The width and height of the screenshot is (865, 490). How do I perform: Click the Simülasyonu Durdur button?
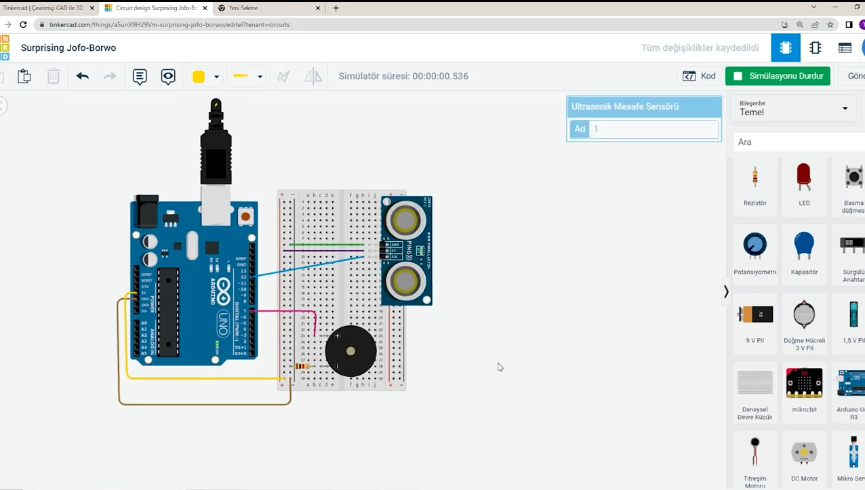tap(778, 76)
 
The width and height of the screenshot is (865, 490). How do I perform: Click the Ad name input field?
tap(653, 129)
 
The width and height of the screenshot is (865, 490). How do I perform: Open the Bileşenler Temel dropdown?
tap(793, 108)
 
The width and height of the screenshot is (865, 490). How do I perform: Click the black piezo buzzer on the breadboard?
tap(350, 351)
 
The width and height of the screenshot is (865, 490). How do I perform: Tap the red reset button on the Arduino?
tap(245, 217)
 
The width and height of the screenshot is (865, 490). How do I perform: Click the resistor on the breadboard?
tap(302, 367)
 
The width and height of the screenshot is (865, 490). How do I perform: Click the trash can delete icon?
tap(53, 76)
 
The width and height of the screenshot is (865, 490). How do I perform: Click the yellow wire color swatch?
tap(199, 77)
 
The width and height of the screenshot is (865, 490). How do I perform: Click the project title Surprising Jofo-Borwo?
tap(68, 48)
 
